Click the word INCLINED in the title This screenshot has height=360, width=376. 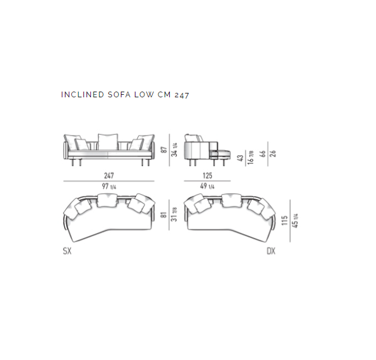83,95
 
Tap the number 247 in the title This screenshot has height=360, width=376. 182,95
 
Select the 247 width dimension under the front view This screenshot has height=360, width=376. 109,176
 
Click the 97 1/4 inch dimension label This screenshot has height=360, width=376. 109,186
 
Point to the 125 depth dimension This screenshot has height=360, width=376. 207,176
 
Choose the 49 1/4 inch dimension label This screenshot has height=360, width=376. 207,186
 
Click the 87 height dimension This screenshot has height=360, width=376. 164,150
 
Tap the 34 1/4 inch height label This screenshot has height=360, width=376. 174,150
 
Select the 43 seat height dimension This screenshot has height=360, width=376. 240,158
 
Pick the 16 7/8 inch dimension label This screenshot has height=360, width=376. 251,158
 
